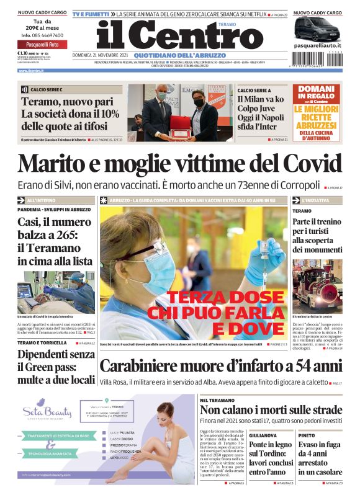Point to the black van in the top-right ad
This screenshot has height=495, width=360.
(317, 29)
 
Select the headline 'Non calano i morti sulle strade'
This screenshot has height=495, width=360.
(271, 410)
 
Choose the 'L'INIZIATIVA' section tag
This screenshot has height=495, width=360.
(319, 201)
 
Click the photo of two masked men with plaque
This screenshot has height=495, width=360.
(181, 112)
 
